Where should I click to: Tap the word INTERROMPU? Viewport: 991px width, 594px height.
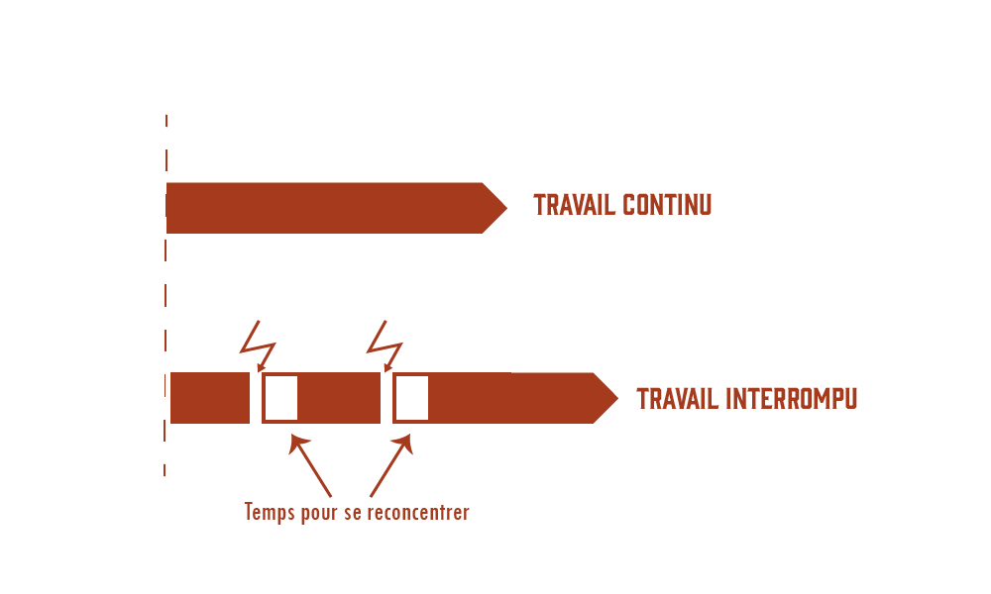[792, 399]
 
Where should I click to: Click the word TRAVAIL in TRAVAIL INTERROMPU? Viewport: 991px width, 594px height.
[678, 399]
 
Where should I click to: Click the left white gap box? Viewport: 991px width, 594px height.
[280, 398]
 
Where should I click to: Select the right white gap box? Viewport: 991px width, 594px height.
[411, 398]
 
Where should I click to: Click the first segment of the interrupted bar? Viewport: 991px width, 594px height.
[210, 398]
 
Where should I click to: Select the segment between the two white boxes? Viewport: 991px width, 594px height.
[339, 398]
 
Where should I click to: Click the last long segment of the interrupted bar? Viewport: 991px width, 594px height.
[510, 398]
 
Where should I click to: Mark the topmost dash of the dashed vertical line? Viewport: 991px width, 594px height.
[166, 120]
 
